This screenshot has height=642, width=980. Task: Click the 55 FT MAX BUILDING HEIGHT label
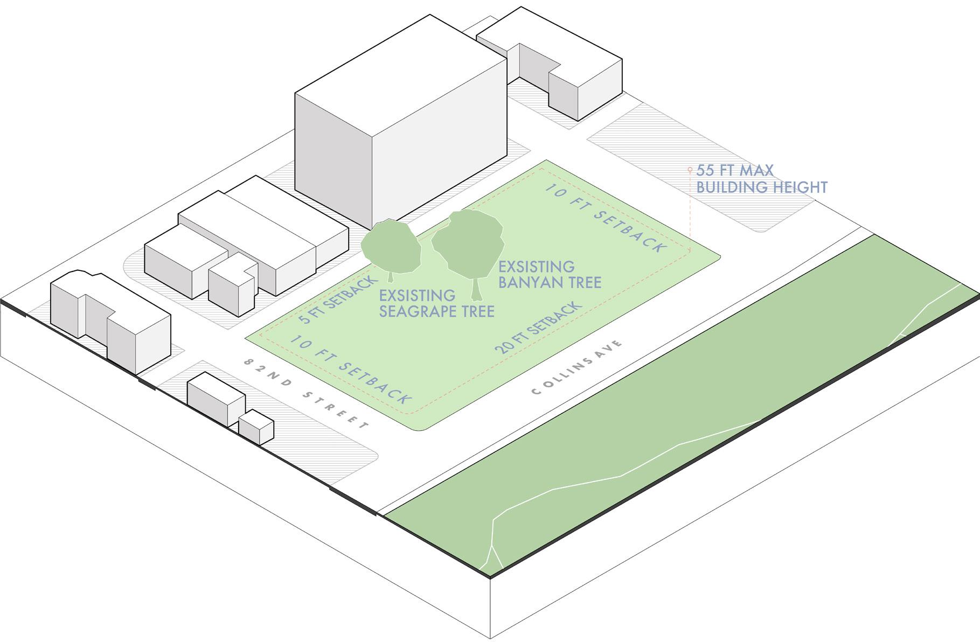point(761,179)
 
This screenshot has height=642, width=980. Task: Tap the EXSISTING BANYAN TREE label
point(550,275)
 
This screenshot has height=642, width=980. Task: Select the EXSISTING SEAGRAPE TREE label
point(436,303)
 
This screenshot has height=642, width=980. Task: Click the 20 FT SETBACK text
point(539,327)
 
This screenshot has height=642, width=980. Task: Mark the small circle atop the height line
point(690,170)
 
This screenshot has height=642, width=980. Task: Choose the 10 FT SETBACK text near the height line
point(606,218)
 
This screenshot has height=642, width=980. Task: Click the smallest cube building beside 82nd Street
point(256,427)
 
